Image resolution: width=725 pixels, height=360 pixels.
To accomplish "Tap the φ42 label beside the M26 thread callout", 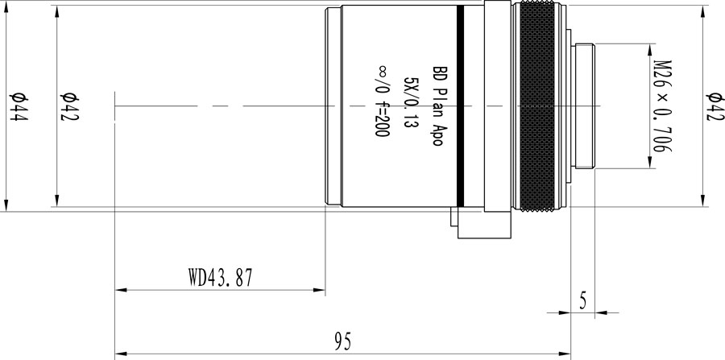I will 713,106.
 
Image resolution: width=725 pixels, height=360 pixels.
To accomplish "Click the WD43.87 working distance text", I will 221,279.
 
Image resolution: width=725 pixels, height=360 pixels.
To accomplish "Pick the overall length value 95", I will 343,341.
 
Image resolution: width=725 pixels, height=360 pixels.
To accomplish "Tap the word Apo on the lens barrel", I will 440,132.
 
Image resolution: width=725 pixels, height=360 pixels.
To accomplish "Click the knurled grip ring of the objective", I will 541,106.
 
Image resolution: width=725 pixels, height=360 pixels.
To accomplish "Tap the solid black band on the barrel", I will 460,106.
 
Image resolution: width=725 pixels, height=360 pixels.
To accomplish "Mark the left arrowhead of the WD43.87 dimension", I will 122,289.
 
